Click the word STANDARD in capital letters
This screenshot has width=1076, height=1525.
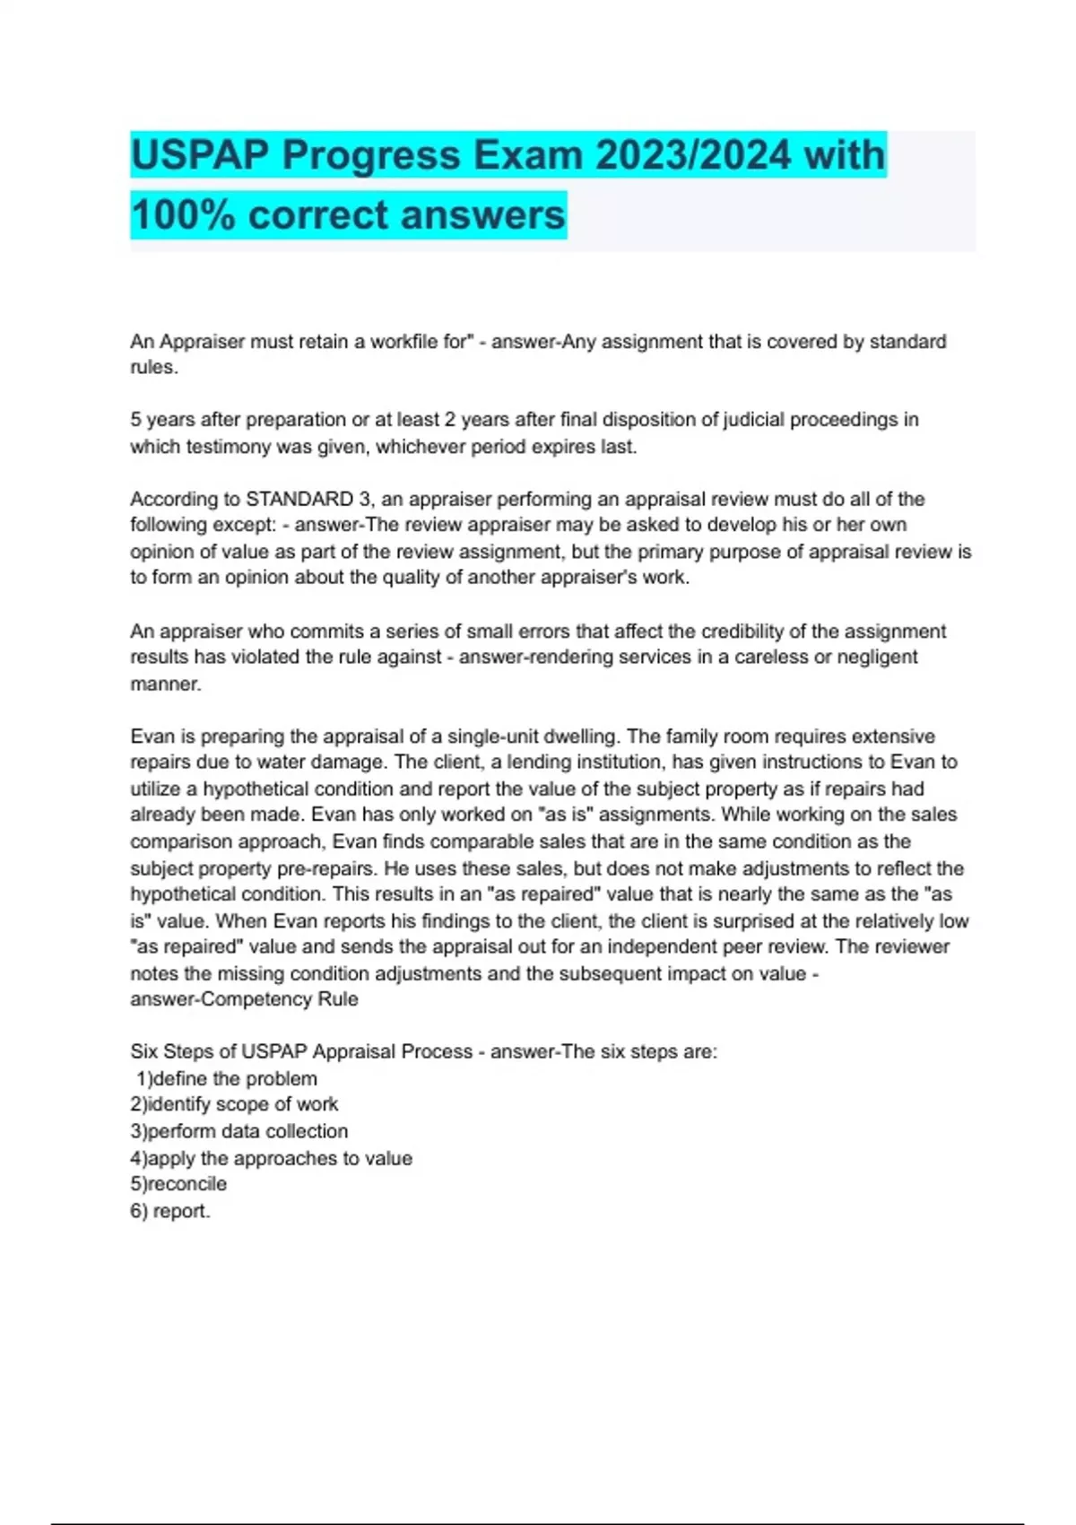(x=299, y=499)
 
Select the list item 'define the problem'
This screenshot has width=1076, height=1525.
(x=235, y=1078)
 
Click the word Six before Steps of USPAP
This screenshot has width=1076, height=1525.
(x=143, y=1051)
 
